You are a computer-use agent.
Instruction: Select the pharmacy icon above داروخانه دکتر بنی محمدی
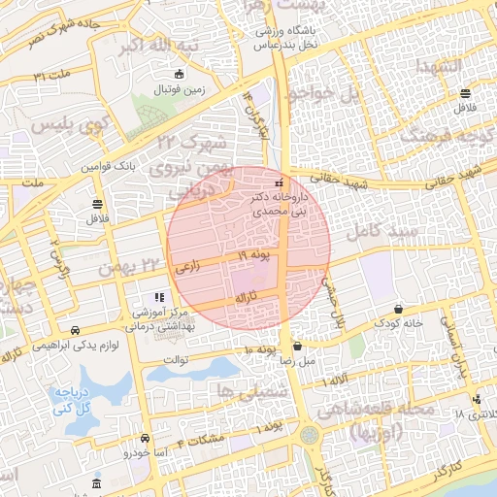pyautogui.click(x=280, y=182)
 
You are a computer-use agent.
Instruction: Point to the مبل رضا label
pyautogui.click(x=296, y=360)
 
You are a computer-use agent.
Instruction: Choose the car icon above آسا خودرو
pyautogui.click(x=145, y=438)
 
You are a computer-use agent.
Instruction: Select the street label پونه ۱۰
pyautogui.click(x=261, y=348)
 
